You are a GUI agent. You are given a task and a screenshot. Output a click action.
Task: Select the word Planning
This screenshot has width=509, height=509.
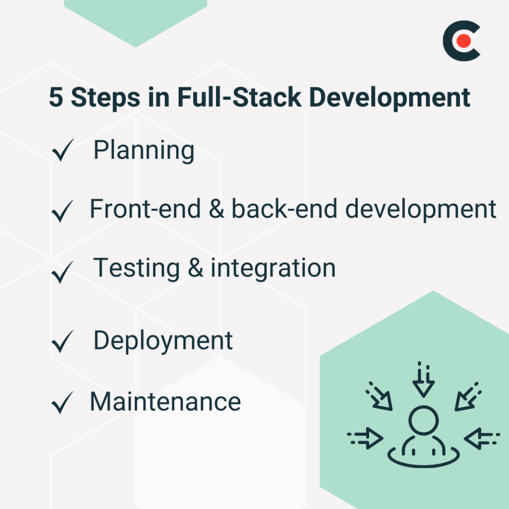pyautogui.click(x=144, y=151)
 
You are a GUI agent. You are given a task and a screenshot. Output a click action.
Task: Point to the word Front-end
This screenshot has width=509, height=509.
pyautogui.click(x=145, y=209)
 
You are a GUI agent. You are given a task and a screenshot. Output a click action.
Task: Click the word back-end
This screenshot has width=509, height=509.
pyautogui.click(x=284, y=209)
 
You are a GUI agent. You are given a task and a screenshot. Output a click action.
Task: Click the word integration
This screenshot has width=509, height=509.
pyautogui.click(x=273, y=268)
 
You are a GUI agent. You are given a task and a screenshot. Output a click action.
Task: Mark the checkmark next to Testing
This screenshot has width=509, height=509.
pyautogui.click(x=63, y=272)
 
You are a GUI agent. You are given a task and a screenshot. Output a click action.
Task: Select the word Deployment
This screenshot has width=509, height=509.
pyautogui.click(x=163, y=340)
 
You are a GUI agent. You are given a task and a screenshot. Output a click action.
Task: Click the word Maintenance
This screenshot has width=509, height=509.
pyautogui.click(x=165, y=401)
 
